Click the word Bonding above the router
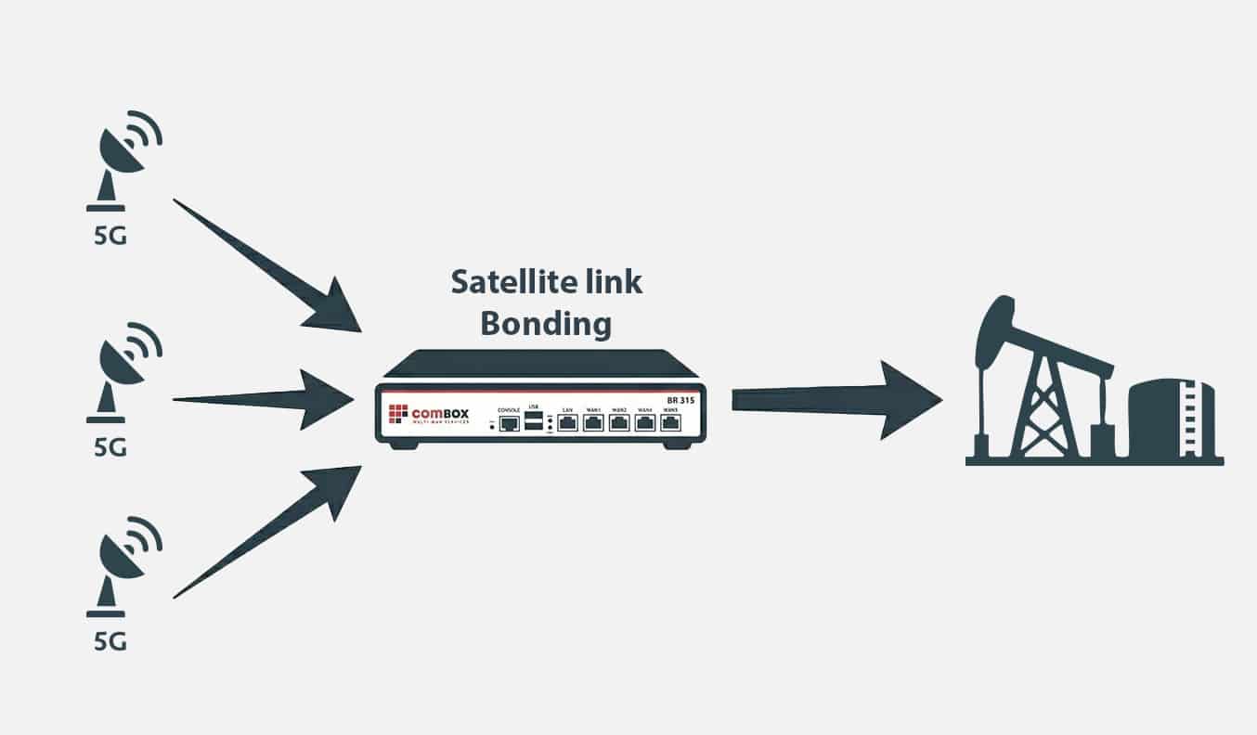(x=545, y=324)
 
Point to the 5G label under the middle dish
(x=110, y=447)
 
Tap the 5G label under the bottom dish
(x=110, y=641)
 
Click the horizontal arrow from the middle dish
(x=269, y=400)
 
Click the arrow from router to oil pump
(x=836, y=399)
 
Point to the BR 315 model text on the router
(x=680, y=400)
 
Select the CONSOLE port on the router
(x=508, y=424)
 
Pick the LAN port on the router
(x=567, y=424)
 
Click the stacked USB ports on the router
(x=534, y=422)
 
